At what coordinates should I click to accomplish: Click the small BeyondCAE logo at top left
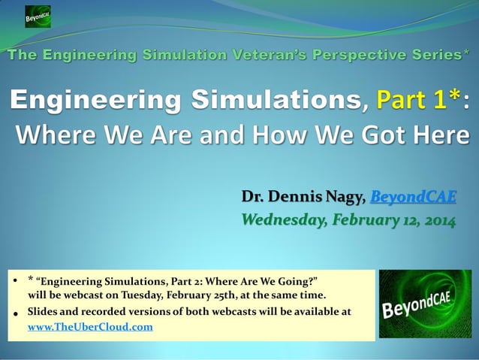coord(38,16)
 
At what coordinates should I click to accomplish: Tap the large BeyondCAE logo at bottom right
coord(425,304)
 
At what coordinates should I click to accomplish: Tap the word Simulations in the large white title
coord(279,100)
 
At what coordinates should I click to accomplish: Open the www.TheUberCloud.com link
coord(90,327)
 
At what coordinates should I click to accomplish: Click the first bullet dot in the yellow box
coord(16,281)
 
